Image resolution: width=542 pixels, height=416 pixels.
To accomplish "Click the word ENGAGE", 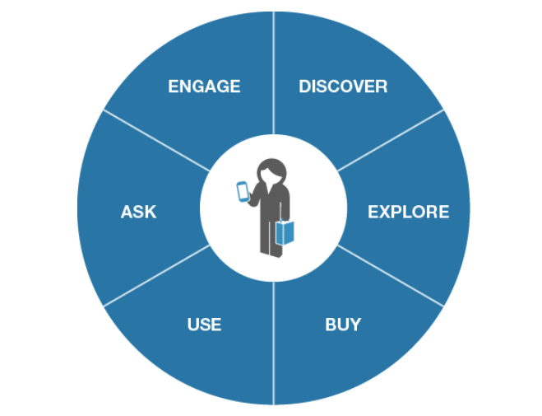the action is point(204,86).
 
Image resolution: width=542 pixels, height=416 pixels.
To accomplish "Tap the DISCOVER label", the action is point(343,86).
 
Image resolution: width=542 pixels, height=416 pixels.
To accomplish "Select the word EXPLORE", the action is point(408,212).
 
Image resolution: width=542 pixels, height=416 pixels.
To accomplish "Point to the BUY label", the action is point(343,325).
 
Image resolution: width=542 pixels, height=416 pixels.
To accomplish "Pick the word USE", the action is point(204,325).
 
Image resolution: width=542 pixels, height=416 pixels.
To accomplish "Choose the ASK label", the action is point(139,212).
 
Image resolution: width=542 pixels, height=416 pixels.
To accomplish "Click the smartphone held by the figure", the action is point(243,191).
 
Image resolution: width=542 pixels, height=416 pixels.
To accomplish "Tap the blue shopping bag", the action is point(285,232).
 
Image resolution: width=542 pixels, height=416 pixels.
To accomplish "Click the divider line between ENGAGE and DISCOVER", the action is point(273,73).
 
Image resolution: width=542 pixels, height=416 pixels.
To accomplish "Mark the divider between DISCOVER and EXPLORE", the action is point(390,141).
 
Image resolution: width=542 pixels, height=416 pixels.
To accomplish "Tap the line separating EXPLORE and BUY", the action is point(390,275).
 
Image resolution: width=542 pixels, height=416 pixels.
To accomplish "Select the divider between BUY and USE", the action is point(273,343).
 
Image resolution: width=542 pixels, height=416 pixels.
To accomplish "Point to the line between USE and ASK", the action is point(156,275).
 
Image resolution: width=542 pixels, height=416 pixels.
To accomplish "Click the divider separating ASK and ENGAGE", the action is point(156,141).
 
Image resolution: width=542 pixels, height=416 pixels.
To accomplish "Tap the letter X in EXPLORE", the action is point(387,212).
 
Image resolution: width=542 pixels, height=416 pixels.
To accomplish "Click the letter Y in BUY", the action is point(354,325).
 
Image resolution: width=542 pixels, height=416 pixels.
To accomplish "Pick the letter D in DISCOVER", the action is point(305,86).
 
